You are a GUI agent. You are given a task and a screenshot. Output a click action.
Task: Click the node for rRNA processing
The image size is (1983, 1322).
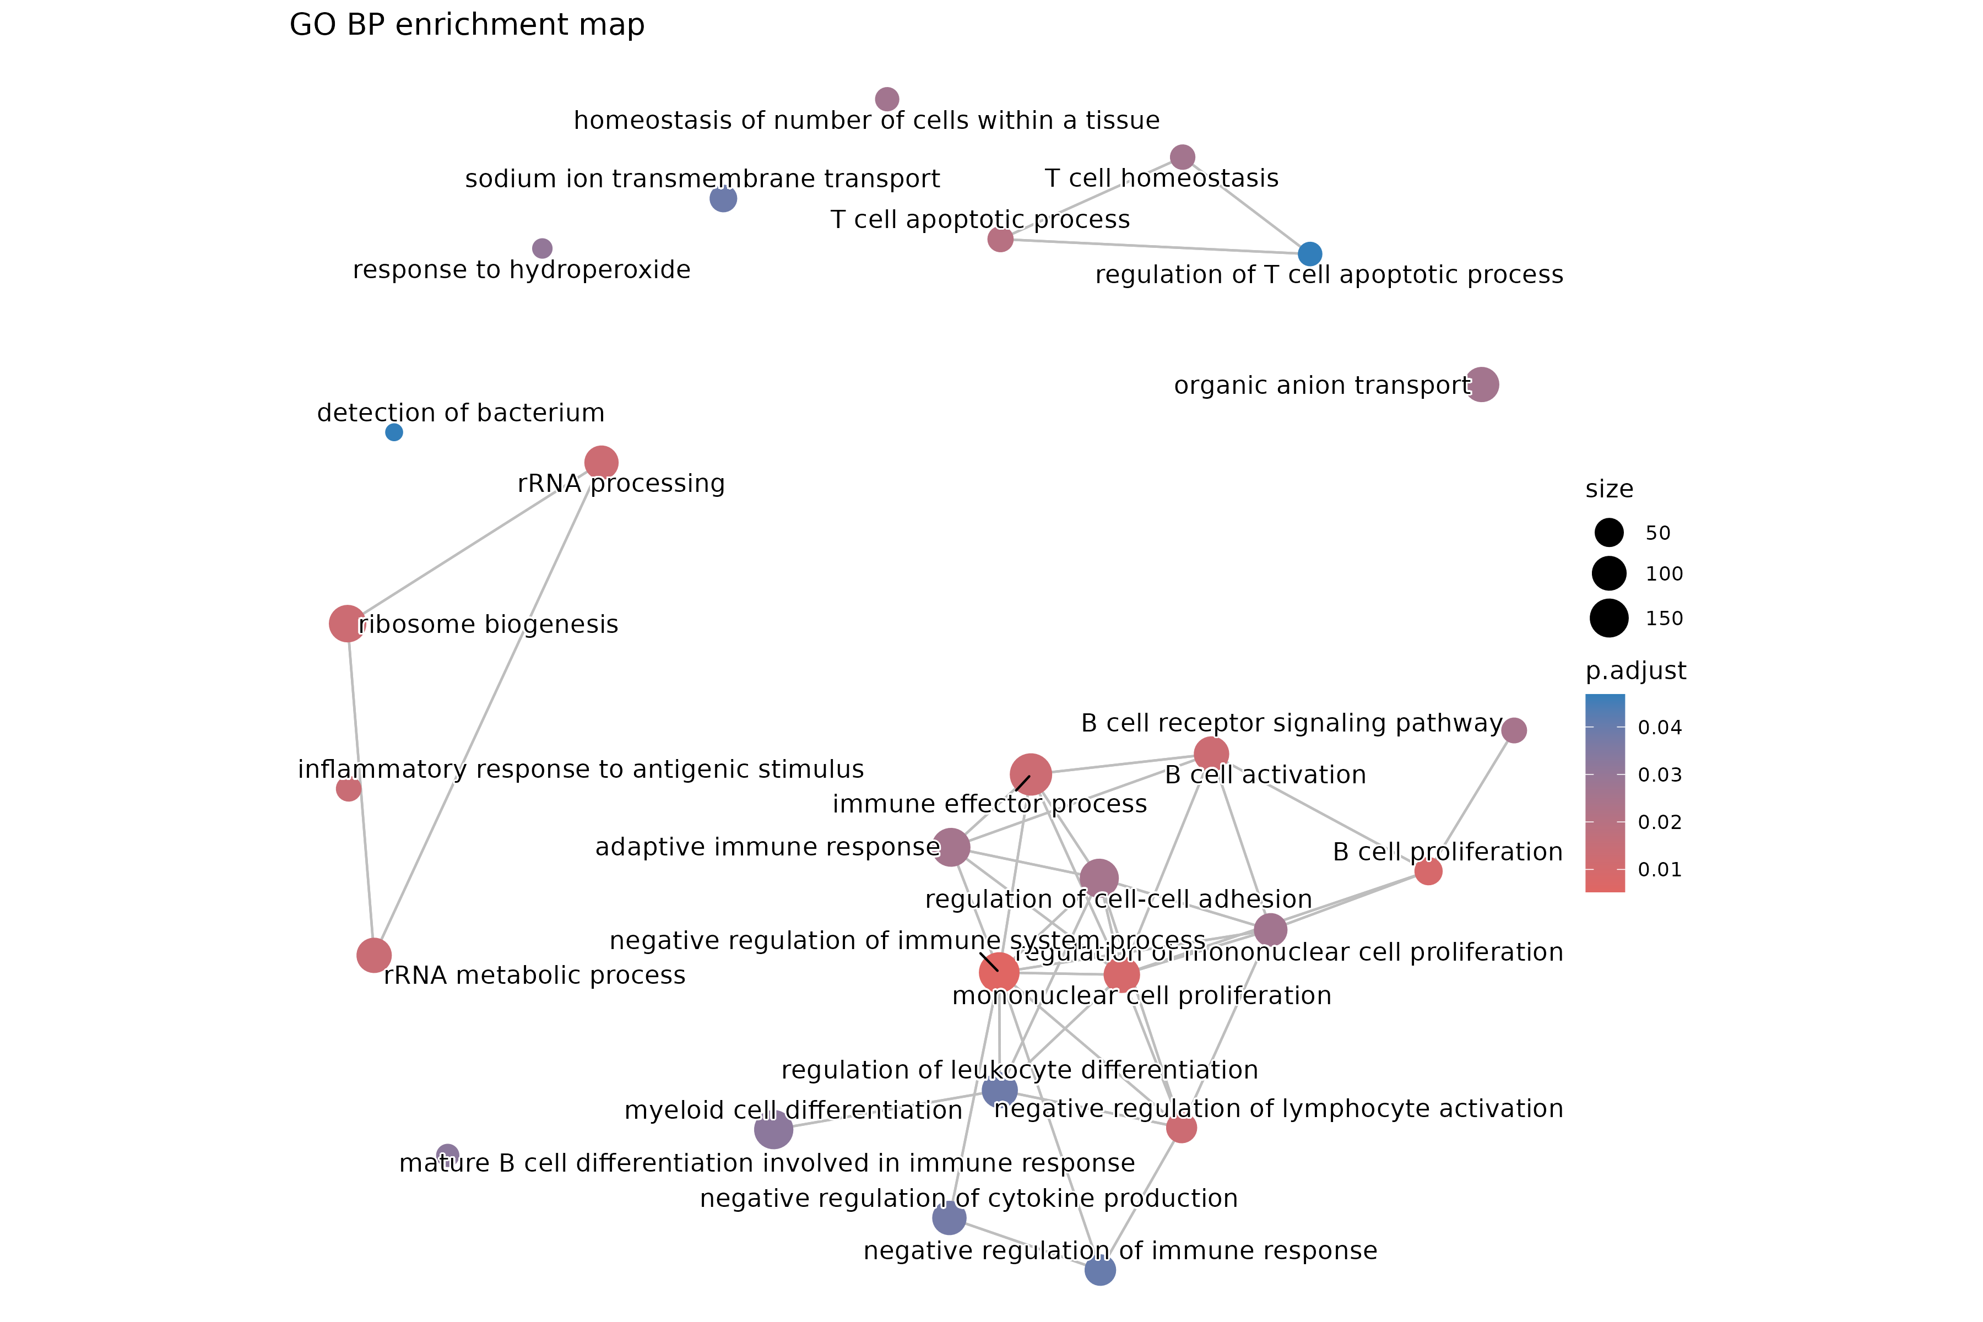[x=601, y=462]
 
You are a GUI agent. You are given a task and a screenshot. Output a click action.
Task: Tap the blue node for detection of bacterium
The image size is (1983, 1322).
[x=394, y=432]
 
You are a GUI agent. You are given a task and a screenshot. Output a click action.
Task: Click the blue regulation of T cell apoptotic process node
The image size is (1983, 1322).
[x=1309, y=253]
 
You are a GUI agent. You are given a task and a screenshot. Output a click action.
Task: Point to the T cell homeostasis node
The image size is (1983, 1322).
[x=1182, y=157]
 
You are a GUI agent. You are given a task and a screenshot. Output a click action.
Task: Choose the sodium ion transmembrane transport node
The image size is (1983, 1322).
[x=723, y=199]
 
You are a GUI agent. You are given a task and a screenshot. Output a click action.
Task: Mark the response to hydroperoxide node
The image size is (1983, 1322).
[x=542, y=248]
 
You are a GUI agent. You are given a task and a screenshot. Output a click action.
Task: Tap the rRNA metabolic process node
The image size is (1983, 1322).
[x=373, y=955]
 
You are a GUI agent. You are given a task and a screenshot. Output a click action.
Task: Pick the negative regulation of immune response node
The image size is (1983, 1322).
[x=1099, y=1270]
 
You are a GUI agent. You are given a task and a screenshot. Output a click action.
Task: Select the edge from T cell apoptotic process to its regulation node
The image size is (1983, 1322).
[x=1155, y=246]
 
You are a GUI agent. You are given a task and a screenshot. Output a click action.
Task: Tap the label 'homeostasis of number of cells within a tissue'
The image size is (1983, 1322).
[x=866, y=121]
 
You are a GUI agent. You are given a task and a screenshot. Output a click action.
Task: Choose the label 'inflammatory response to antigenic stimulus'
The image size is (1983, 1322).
[x=581, y=769]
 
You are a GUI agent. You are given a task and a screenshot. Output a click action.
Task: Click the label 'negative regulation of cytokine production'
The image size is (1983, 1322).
[x=969, y=1198]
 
